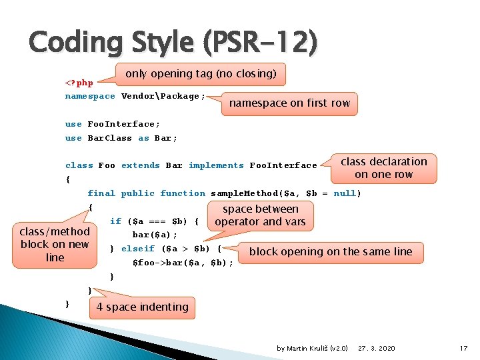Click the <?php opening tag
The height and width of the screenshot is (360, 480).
click(x=79, y=83)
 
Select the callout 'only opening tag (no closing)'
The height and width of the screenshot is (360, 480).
click(x=201, y=73)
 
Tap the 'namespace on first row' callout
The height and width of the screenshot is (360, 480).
click(x=289, y=103)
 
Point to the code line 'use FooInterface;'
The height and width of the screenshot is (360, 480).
click(x=113, y=124)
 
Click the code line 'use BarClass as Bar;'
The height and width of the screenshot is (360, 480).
click(x=121, y=138)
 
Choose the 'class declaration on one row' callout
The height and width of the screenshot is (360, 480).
click(x=383, y=168)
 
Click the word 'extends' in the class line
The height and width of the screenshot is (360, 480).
click(x=141, y=165)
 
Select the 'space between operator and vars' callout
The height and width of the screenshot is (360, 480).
click(x=260, y=215)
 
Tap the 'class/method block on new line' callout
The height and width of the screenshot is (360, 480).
click(x=55, y=244)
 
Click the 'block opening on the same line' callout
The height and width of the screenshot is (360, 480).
click(x=331, y=251)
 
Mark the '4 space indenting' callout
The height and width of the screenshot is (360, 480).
click(x=142, y=307)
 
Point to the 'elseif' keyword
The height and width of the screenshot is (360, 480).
click(x=137, y=249)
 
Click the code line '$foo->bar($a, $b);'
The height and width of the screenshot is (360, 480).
click(x=183, y=263)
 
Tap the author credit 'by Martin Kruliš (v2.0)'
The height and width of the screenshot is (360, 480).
click(x=312, y=348)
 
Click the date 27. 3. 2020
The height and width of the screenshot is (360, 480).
click(x=376, y=348)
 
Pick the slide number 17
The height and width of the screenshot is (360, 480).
click(x=464, y=348)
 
